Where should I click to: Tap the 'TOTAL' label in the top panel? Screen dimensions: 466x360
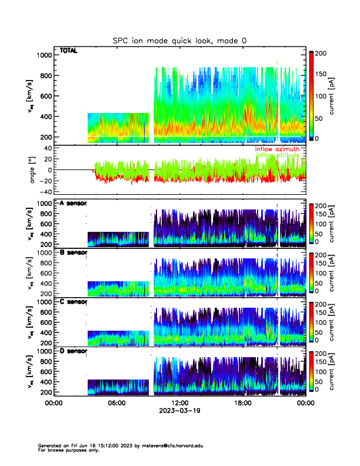coord(68,51)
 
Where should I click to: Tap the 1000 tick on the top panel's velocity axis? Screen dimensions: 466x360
coord(44,55)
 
